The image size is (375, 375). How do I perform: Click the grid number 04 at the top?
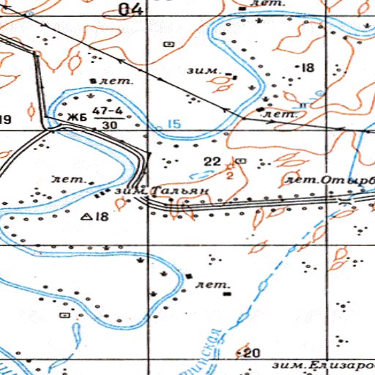pos(133,9)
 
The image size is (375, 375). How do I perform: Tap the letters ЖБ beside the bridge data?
pos(76,117)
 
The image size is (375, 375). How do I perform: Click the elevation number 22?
pos(213,161)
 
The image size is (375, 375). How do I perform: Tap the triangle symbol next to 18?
pos(86,217)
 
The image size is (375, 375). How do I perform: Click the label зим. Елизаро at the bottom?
pos(322,365)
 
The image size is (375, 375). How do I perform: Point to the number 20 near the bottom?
pos(253,353)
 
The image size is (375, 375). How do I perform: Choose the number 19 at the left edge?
pos(6,119)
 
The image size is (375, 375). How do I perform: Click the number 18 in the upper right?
pos(306,68)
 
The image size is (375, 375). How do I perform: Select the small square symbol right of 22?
pos(242,160)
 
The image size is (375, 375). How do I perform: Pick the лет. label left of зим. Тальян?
pos(70,179)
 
